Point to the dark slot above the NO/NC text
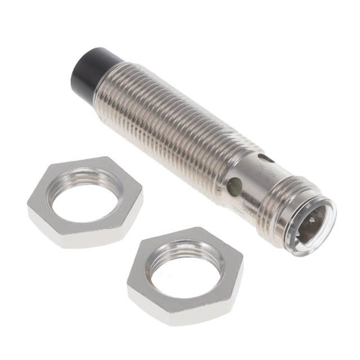[264, 159]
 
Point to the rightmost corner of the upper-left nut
[143, 194]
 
